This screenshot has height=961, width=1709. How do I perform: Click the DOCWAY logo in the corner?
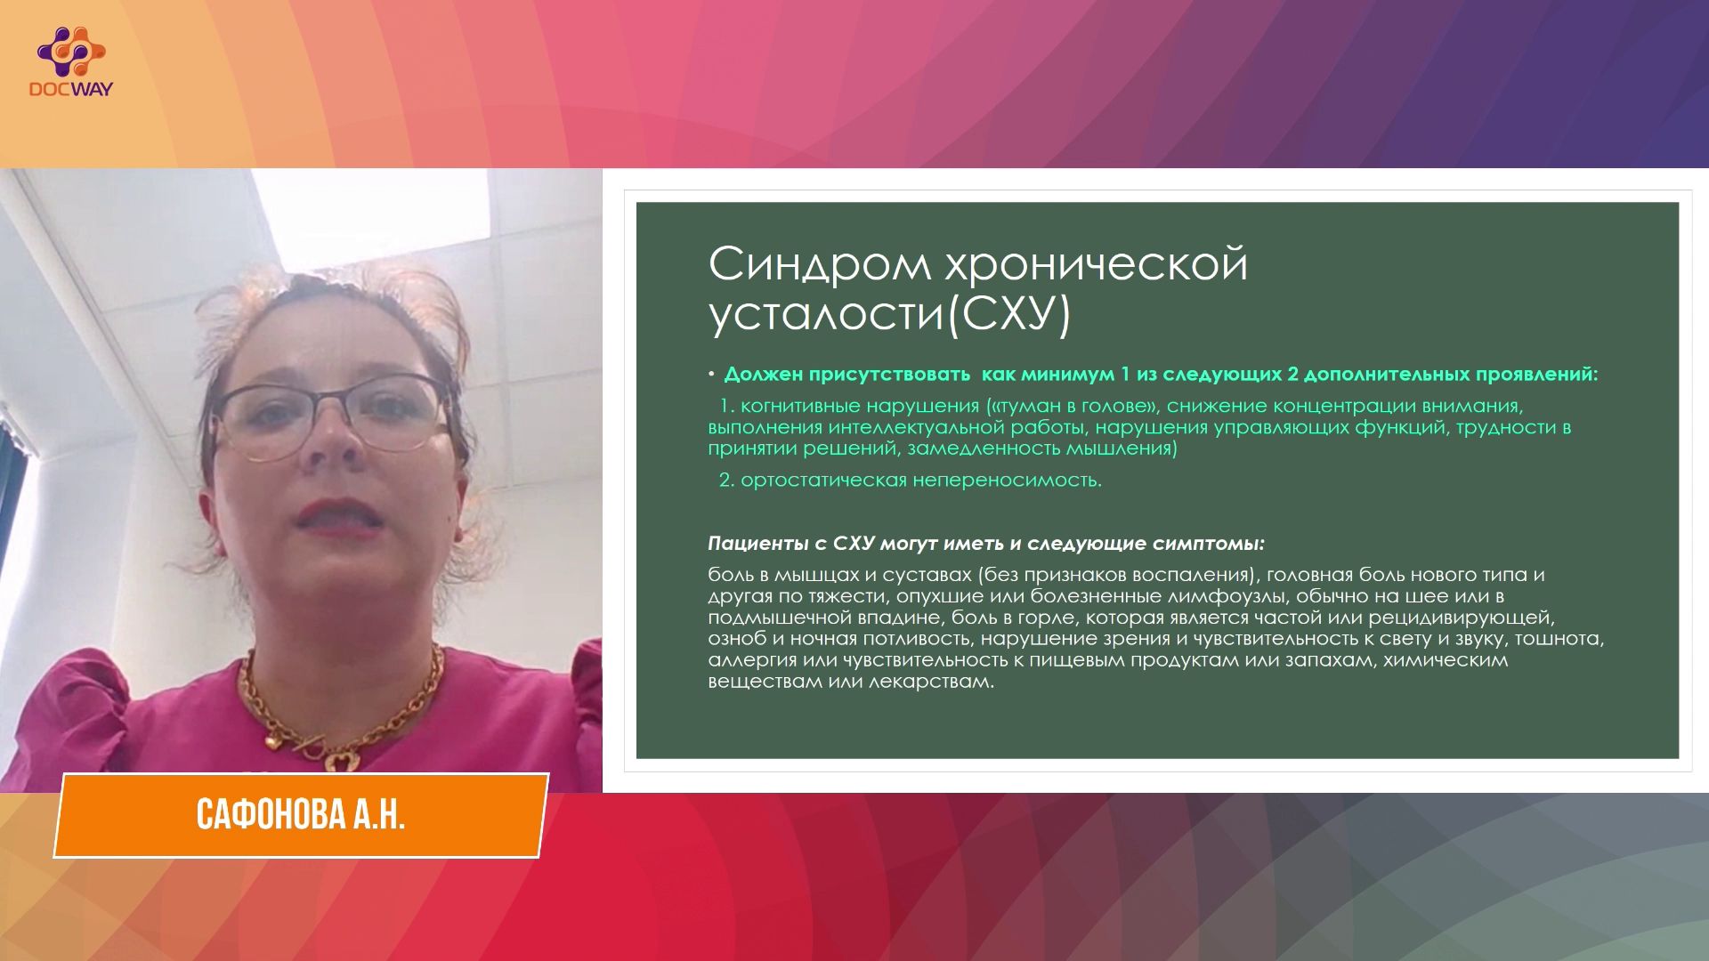pos(71,61)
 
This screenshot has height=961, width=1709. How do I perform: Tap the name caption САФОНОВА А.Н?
pos(301,814)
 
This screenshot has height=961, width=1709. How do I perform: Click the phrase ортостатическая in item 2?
pos(823,480)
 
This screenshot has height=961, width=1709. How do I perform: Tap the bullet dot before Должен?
pos(712,375)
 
